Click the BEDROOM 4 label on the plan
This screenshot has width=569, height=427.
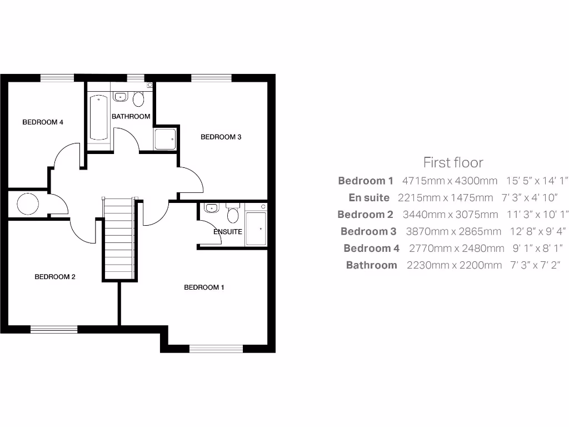pos(43,122)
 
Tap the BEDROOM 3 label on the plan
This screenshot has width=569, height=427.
pos(221,137)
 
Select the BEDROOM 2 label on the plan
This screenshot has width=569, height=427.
pos(55,277)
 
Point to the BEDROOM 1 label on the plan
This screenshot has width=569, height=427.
pos(204,287)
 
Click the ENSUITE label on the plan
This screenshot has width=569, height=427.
pos(228,232)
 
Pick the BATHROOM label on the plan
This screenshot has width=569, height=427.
pos(131,116)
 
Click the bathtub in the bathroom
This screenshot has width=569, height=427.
pos(99,117)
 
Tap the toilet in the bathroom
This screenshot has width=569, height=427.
pos(138,99)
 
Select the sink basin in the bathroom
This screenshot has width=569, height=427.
pos(121,97)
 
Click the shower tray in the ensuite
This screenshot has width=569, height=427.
pos(256,228)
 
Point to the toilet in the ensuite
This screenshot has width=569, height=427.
pos(233,213)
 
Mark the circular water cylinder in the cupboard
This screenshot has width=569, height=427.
pos(28,204)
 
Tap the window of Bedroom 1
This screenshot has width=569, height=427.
pos(216,349)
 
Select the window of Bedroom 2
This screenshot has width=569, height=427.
pos(54,329)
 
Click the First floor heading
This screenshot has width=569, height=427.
pos(453,162)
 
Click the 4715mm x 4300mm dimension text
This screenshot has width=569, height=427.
pos(450,181)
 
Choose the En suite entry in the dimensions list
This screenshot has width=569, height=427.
pos(369,198)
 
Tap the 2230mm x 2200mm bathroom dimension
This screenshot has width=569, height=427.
pos(454,265)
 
